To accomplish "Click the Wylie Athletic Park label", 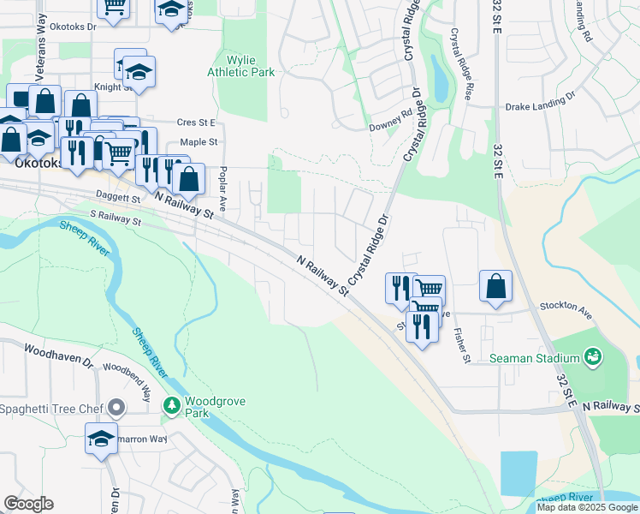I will coord(241,67).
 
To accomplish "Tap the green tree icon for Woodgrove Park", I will coord(172,404).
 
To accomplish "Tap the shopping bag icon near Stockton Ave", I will coord(496,286).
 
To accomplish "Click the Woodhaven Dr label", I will coord(58,356).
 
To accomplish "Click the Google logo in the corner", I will coord(28,504).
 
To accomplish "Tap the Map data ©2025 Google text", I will coord(587,507).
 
